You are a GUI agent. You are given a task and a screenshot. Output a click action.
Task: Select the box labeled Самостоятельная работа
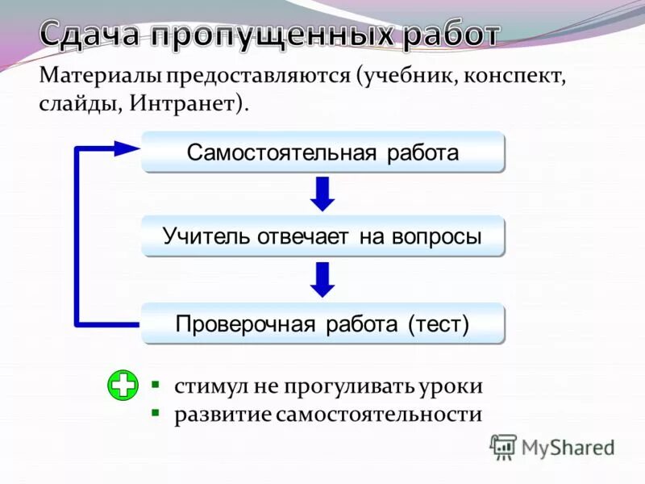pos(322,152)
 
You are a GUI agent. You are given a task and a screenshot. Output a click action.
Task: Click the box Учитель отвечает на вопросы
pos(322,236)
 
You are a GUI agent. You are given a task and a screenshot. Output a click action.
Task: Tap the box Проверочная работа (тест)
pos(322,323)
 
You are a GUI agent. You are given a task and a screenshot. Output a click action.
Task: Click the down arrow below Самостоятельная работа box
pos(322,194)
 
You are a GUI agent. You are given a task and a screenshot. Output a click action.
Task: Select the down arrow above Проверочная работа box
pos(322,279)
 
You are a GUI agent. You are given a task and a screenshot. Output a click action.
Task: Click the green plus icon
pos(123,386)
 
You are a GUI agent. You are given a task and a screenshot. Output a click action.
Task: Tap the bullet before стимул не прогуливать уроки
pos(156,384)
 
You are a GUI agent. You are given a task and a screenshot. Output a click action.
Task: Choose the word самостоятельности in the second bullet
pos(378,415)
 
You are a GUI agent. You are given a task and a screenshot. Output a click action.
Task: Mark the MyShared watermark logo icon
pos(503,447)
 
